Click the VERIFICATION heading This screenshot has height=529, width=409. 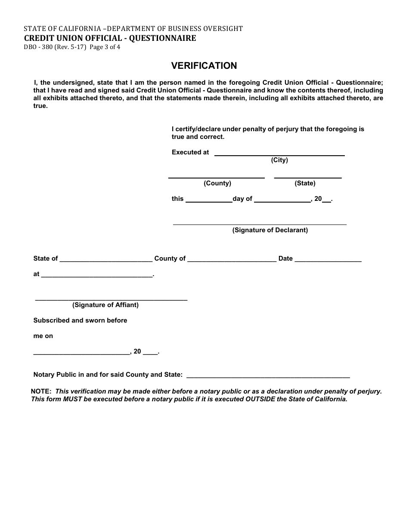pyautogui.click(x=204, y=66)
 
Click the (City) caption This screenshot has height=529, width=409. pyautogui.click(x=279, y=160)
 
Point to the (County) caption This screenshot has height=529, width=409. pyautogui.click(x=217, y=183)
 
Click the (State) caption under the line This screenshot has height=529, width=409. pyautogui.click(x=305, y=183)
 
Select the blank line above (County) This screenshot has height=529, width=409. pyautogui.click(x=216, y=176)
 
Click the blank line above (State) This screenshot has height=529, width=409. pyautogui.click(x=308, y=176)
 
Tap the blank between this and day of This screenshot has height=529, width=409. pyautogui.click(x=209, y=200)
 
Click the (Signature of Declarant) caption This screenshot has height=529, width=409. pyautogui.click(x=270, y=230)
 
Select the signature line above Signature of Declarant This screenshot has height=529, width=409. pyautogui.click(x=260, y=224)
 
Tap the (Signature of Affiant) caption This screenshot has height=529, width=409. pyautogui.click(x=105, y=305)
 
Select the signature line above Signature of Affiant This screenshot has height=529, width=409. pyautogui.click(x=111, y=298)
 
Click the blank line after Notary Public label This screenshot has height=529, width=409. pyautogui.click(x=268, y=376)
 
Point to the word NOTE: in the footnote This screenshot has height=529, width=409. pyautogui.click(x=41, y=391)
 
